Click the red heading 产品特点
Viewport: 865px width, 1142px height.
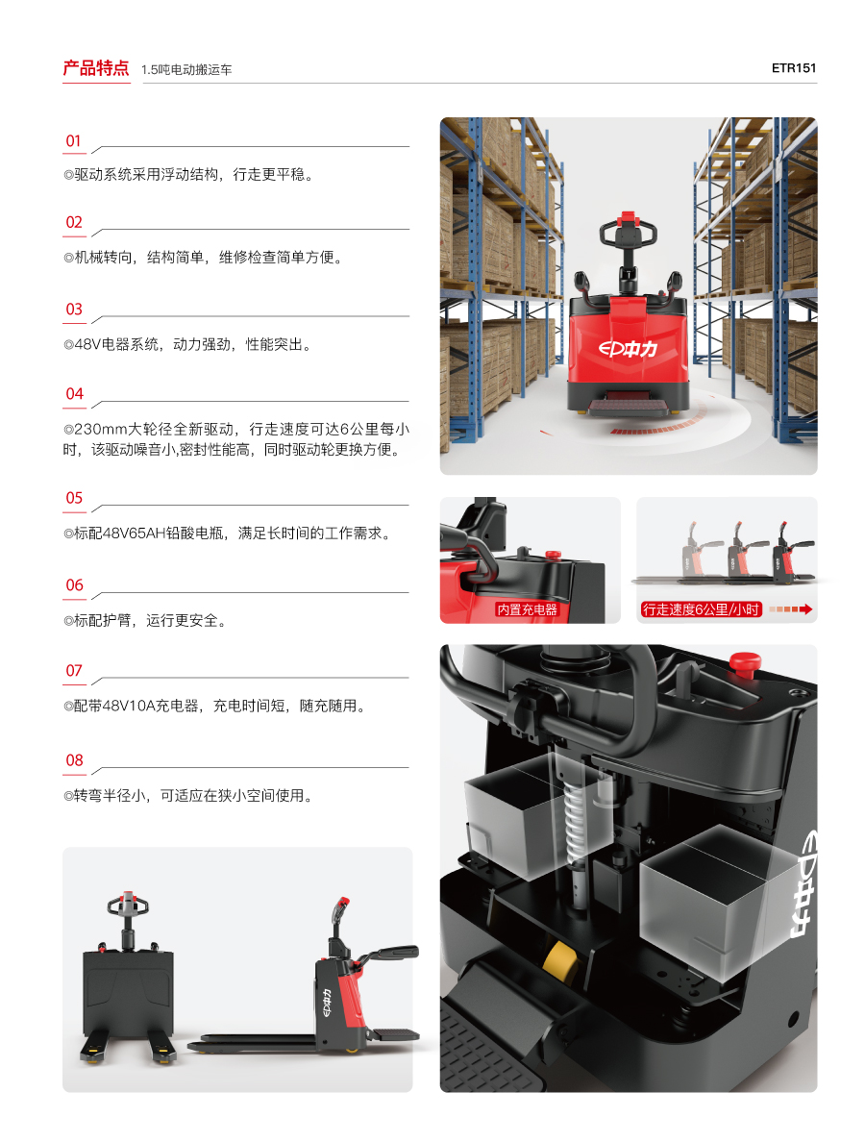coord(95,67)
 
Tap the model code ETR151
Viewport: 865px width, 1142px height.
coord(794,67)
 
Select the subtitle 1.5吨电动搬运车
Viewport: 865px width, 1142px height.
coord(186,70)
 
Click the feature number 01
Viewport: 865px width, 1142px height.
coord(74,140)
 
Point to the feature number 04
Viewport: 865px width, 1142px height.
coord(74,394)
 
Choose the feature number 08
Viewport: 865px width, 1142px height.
coord(74,760)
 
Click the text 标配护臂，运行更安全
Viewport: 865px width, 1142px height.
coord(145,621)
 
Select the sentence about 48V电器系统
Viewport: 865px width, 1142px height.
coord(187,344)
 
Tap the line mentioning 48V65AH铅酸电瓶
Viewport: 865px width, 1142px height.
coord(228,534)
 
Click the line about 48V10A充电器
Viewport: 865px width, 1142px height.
coord(214,706)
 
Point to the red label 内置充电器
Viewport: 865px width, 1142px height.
coord(527,609)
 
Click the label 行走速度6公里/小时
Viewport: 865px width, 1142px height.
coord(701,609)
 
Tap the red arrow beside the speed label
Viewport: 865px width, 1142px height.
coord(791,608)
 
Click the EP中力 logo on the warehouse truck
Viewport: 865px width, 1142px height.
coord(628,350)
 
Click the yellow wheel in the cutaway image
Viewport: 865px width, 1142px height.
coord(560,961)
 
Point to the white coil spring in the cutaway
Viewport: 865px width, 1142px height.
coord(580,822)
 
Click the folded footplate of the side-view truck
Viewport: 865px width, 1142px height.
coord(395,1034)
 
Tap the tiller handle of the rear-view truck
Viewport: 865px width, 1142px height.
coord(128,905)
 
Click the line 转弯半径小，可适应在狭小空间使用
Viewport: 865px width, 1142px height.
coord(188,795)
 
